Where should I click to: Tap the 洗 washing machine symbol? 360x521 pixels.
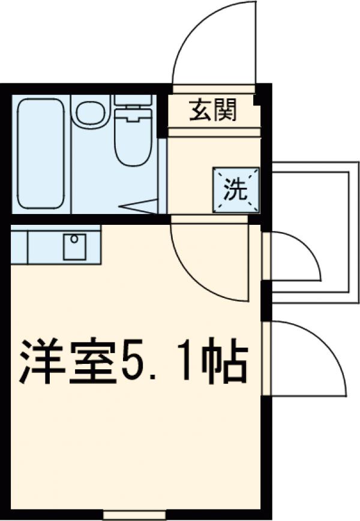(236, 189)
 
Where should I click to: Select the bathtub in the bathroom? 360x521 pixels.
(41, 153)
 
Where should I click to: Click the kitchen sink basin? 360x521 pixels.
(74, 246)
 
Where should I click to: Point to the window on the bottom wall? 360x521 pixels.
(134, 514)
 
